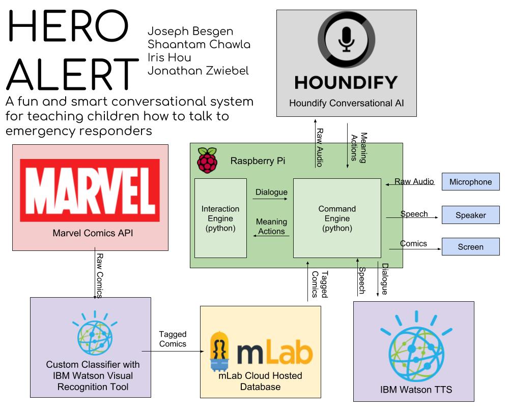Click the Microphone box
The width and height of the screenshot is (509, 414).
tap(470, 182)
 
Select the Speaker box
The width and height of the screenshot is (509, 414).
tap(470, 215)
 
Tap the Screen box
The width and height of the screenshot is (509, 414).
tap(470, 247)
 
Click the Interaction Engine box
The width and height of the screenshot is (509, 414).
tap(220, 218)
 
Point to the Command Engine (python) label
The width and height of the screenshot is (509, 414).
tap(337, 218)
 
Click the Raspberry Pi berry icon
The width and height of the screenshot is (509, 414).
tap(207, 160)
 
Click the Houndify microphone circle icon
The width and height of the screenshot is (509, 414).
tap(347, 39)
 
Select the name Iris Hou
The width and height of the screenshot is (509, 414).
tap(169, 57)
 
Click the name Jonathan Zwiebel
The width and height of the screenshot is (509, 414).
tap(198, 71)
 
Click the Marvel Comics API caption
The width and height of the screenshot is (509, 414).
tap(90, 234)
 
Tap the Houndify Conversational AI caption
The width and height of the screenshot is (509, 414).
tap(346, 103)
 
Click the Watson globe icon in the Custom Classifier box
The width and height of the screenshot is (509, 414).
tap(91, 336)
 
